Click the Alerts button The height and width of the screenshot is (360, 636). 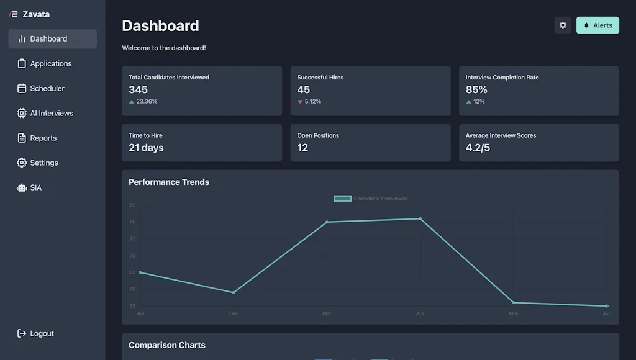597,25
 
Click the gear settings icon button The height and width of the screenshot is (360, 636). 563,25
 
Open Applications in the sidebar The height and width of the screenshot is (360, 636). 51,63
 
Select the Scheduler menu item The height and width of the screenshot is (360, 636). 47,88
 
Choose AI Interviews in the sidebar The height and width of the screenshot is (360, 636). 52,113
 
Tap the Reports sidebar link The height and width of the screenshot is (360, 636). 43,138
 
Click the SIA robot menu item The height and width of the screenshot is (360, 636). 35,187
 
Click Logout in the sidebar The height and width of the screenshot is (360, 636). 42,333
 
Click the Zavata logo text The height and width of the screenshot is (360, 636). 36,14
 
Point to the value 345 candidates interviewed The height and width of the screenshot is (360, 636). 138,89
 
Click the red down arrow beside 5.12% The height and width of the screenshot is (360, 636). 300,102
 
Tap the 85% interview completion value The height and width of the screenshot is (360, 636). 476,89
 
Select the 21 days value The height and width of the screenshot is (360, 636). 146,148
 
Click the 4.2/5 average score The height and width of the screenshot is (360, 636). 478,148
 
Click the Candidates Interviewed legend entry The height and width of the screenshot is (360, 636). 370,199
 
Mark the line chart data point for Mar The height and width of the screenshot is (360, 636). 327,222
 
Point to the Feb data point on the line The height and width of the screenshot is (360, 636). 234,292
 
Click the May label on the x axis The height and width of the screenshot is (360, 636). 514,313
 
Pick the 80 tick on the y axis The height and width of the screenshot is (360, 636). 132,222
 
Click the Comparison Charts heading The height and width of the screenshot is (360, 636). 166,345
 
